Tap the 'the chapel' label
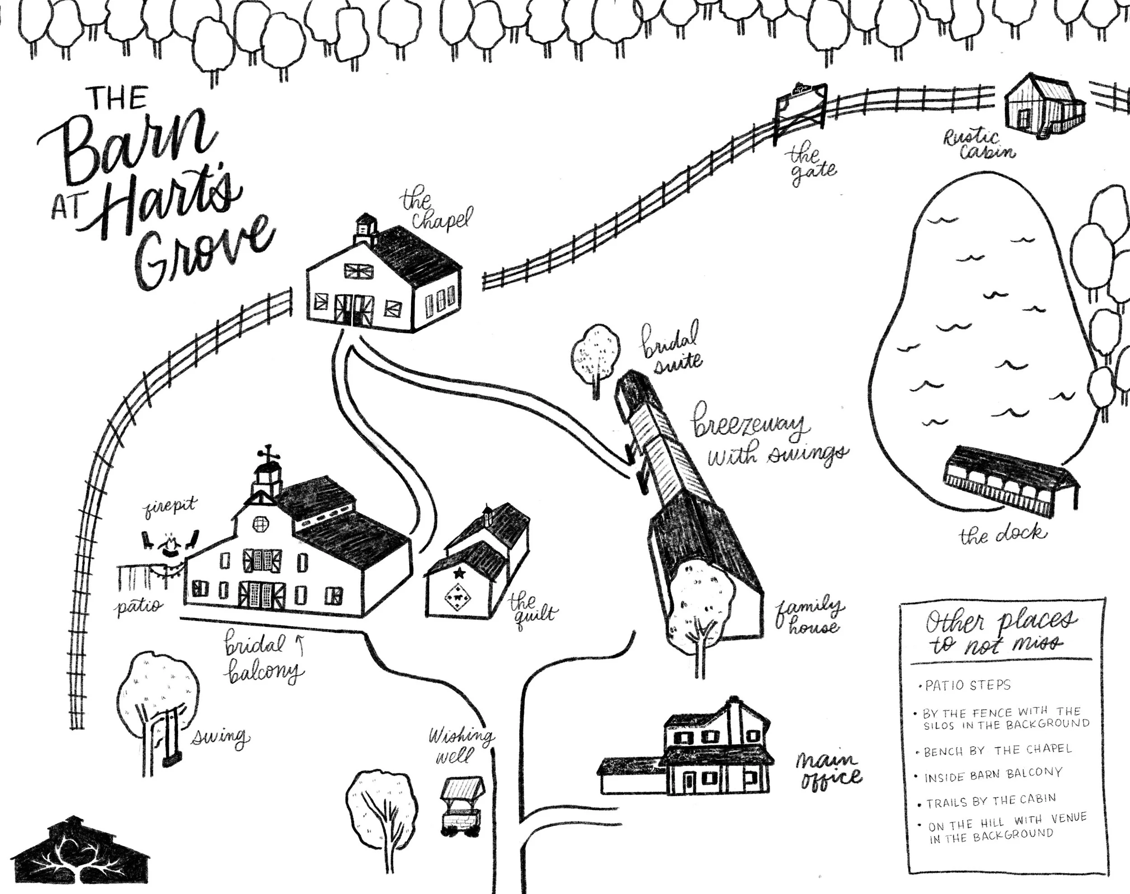(x=435, y=211)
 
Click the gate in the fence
(x=800, y=112)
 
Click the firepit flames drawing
(x=170, y=545)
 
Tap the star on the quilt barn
(x=460, y=573)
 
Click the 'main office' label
(x=827, y=770)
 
